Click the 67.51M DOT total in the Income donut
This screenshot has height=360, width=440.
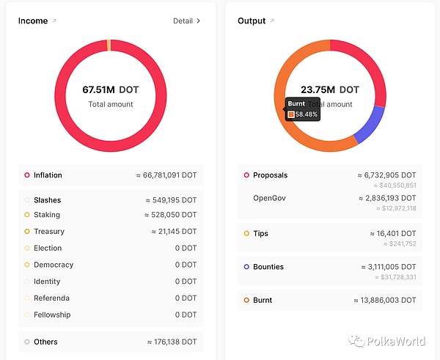tap(111, 90)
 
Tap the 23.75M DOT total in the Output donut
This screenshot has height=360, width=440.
tap(330, 90)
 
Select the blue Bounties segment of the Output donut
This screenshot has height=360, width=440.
tap(371, 124)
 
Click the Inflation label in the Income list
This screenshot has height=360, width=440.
tap(48, 175)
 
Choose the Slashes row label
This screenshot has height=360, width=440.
tap(47, 200)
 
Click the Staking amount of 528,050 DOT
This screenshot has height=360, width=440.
tap(170, 215)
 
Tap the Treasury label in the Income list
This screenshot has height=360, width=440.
tap(49, 232)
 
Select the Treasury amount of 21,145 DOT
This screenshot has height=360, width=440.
tap(172, 232)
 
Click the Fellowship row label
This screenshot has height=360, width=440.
tap(52, 315)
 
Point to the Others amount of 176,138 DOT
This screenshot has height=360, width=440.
tap(172, 342)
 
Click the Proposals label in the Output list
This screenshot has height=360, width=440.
tap(270, 175)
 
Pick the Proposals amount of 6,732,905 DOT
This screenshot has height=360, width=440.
tap(386, 175)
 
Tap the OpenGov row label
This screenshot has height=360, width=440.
tap(269, 199)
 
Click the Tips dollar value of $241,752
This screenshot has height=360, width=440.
tap(399, 244)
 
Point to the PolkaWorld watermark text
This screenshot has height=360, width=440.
tap(399, 340)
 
